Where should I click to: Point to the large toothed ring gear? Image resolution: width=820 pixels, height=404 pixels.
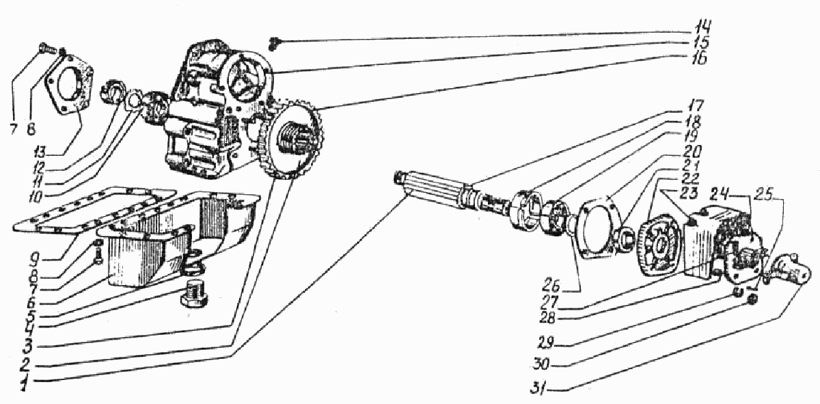[290, 140]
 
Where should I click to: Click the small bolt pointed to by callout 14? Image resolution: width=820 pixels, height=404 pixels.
[273, 42]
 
